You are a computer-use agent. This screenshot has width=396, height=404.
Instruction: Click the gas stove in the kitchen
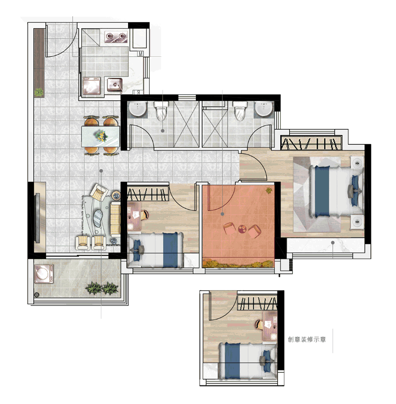(x=116, y=37)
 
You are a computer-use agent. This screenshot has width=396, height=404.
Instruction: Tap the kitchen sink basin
(x=115, y=85)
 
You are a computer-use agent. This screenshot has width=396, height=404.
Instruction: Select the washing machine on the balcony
(x=44, y=273)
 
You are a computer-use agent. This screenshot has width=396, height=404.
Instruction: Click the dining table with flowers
(x=101, y=136)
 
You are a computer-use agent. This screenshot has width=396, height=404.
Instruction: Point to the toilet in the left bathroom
(x=161, y=111)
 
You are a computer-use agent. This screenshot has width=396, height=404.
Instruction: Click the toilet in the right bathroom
(x=240, y=111)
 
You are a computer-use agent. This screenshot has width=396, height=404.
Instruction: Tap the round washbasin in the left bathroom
(x=138, y=109)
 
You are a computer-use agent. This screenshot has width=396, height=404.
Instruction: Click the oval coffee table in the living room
(x=98, y=218)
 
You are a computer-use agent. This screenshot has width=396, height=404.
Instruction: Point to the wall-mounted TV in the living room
(x=37, y=218)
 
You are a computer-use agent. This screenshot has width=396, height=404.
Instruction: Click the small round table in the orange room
(x=242, y=229)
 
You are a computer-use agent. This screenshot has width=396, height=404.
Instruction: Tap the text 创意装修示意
(x=307, y=339)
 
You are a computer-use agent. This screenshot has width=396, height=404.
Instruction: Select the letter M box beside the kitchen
(x=141, y=54)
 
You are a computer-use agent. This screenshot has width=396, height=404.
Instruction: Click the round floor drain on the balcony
(x=37, y=294)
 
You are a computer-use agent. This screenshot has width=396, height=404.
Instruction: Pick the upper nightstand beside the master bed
(x=357, y=162)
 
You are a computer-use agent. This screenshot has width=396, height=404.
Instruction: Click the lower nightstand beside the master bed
(x=357, y=221)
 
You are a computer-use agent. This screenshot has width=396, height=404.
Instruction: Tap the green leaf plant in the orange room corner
(x=269, y=190)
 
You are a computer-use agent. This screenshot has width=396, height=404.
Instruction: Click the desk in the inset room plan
(x=270, y=326)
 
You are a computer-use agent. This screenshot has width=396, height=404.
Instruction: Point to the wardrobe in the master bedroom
(x=311, y=143)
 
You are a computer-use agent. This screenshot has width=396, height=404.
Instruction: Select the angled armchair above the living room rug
(x=99, y=192)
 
